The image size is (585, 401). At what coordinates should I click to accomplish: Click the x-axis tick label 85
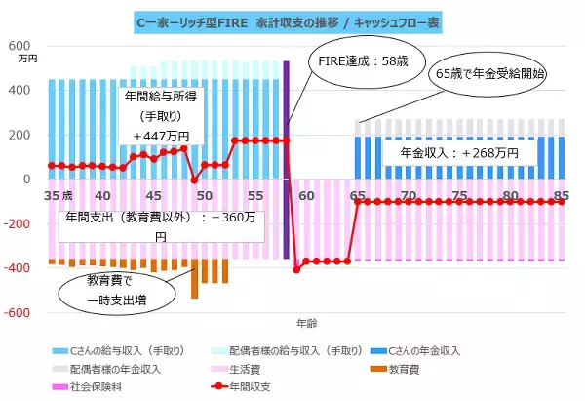[562, 195]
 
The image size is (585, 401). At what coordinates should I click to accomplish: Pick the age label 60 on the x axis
[306, 195]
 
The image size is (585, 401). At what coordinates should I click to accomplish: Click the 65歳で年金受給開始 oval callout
[490, 73]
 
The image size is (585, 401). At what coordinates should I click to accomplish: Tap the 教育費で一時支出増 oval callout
[99, 290]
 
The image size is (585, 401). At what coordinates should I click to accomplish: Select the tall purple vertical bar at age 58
[287, 156]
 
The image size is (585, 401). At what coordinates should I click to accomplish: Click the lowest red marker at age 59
[295, 269]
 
